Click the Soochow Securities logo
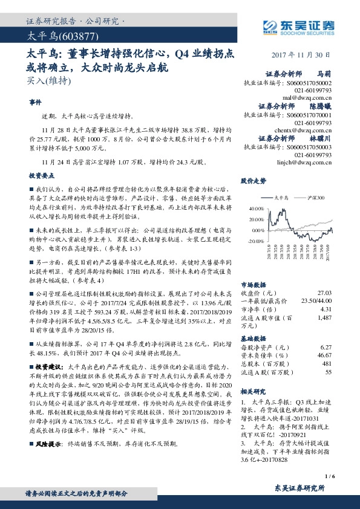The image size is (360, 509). click(299, 26)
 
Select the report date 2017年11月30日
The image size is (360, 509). click(303, 54)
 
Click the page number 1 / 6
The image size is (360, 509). click(329, 478)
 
